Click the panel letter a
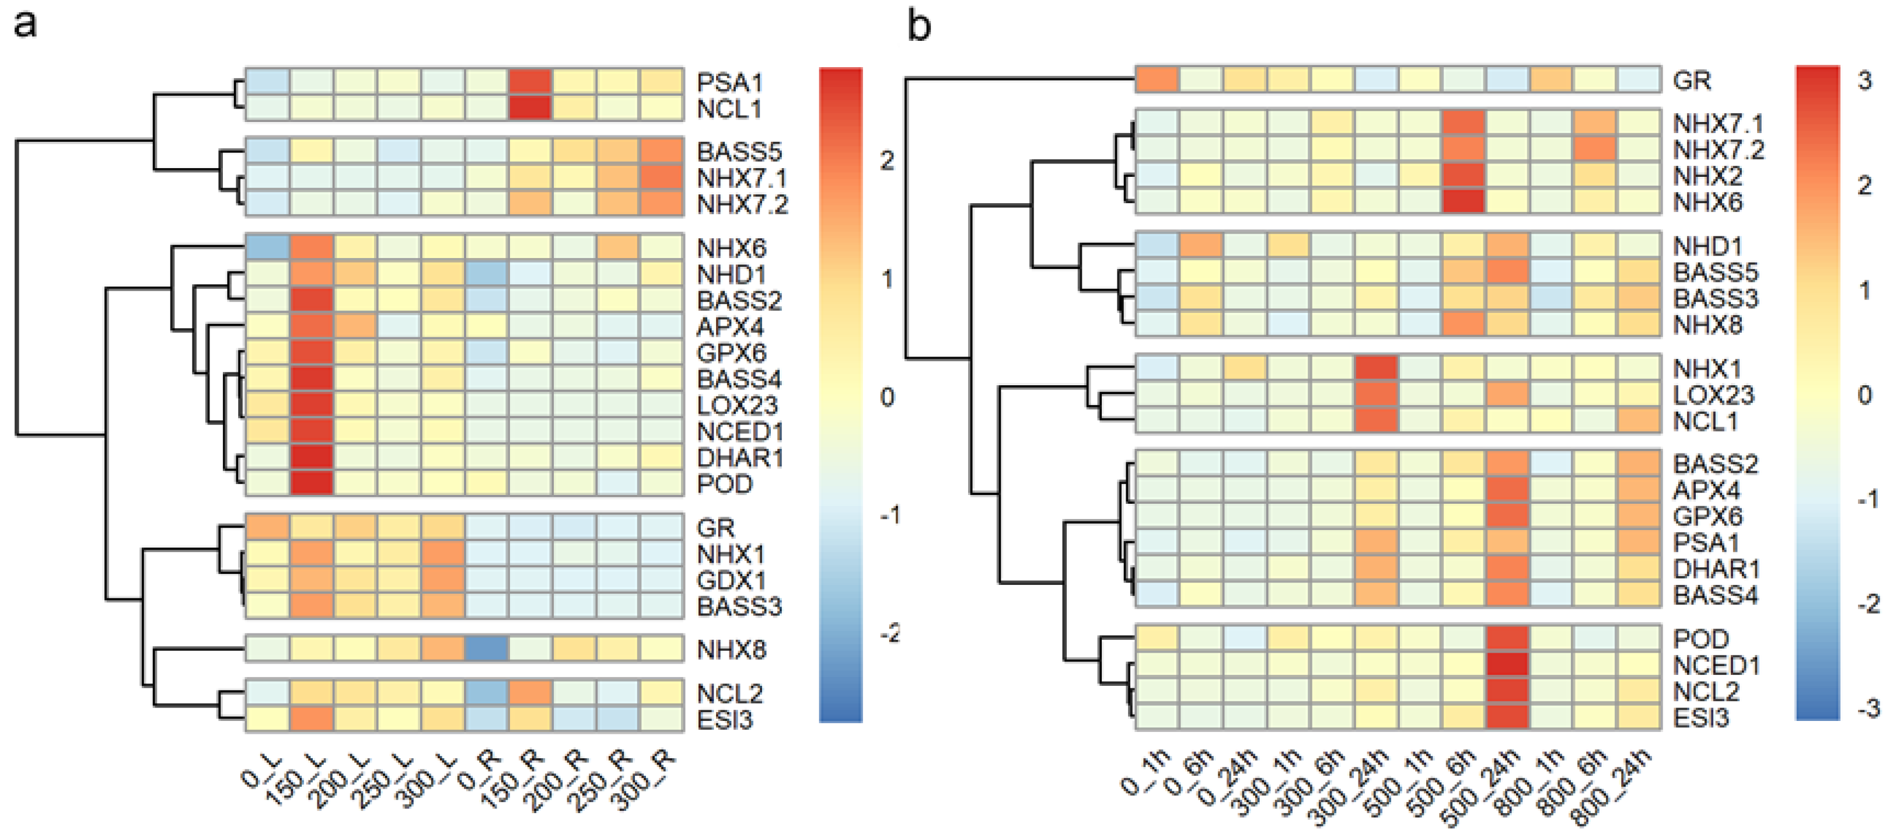coord(25,26)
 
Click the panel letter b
coord(920,26)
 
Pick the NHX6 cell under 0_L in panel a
coord(267,248)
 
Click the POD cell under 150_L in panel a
coord(311,483)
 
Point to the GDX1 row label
coord(731,580)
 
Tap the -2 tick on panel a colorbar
coord(889,633)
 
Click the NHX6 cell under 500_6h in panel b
coord(1464,201)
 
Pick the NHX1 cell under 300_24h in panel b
coord(1377,368)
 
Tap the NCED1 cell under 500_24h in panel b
coord(1507,665)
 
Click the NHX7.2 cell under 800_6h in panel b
coord(1595,149)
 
